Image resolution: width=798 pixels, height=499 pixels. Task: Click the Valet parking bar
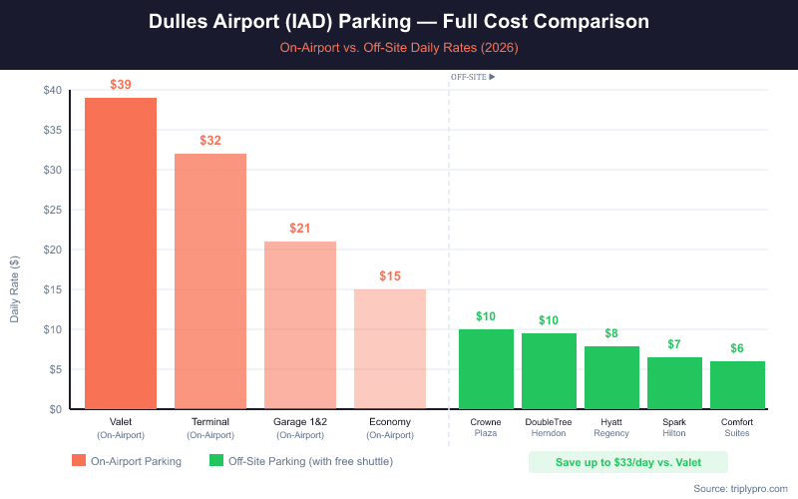point(121,253)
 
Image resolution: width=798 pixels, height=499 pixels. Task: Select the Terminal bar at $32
point(210,281)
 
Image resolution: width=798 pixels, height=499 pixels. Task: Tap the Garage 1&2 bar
point(300,325)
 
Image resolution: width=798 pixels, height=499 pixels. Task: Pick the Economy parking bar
point(390,349)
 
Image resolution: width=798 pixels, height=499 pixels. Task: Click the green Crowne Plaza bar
point(486,369)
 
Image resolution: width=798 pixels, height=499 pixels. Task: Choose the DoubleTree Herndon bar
point(549,371)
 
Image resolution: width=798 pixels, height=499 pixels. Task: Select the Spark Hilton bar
point(674,383)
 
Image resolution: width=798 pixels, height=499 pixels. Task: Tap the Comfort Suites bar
point(737,385)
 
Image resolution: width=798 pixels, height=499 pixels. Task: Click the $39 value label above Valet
point(121,85)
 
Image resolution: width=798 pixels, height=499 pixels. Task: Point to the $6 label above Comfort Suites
point(737,348)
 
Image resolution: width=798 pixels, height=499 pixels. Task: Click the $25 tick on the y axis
point(52,210)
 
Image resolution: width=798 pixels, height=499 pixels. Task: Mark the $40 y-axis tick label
point(52,90)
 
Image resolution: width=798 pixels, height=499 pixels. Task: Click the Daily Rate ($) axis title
point(14,289)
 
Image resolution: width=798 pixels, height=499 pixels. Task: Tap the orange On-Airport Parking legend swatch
point(79,461)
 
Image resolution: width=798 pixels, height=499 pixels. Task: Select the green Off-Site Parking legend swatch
point(216,461)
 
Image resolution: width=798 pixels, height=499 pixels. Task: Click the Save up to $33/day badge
point(627,462)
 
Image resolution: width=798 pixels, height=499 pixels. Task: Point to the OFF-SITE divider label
point(473,76)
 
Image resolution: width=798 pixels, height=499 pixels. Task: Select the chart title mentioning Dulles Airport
point(399,21)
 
